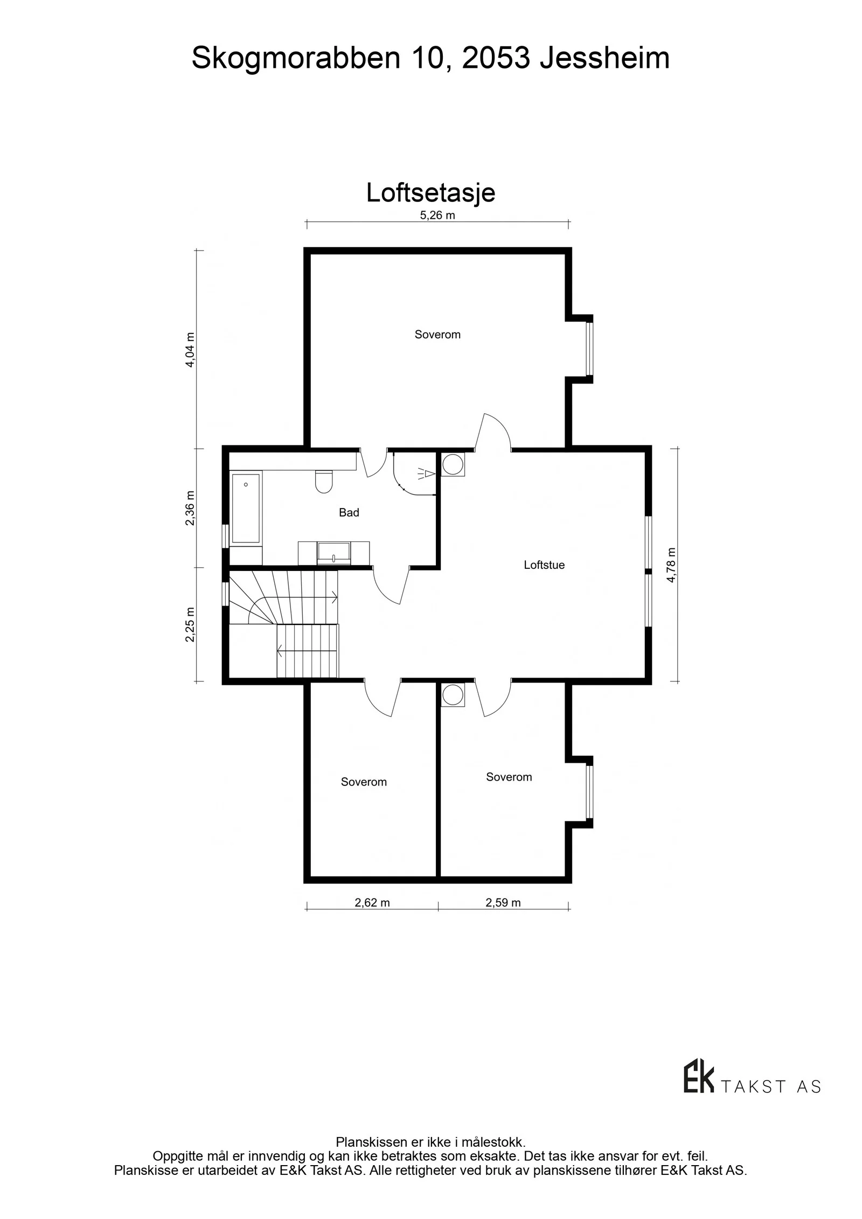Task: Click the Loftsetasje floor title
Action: (x=430, y=193)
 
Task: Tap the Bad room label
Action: (x=349, y=512)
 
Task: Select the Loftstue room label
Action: (x=544, y=565)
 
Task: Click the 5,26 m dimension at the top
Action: (x=437, y=215)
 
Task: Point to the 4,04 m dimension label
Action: (x=190, y=350)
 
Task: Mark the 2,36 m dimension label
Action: (x=190, y=508)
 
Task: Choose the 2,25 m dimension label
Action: (x=190, y=625)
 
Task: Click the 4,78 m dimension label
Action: (x=671, y=565)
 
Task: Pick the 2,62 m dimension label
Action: (x=372, y=903)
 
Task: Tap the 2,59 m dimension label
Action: (x=503, y=903)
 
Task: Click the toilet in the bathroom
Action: (x=324, y=482)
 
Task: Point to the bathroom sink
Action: (x=334, y=553)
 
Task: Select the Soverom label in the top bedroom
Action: (x=437, y=335)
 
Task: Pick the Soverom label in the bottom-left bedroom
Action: (x=364, y=782)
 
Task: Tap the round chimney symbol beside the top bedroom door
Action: (x=453, y=465)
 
